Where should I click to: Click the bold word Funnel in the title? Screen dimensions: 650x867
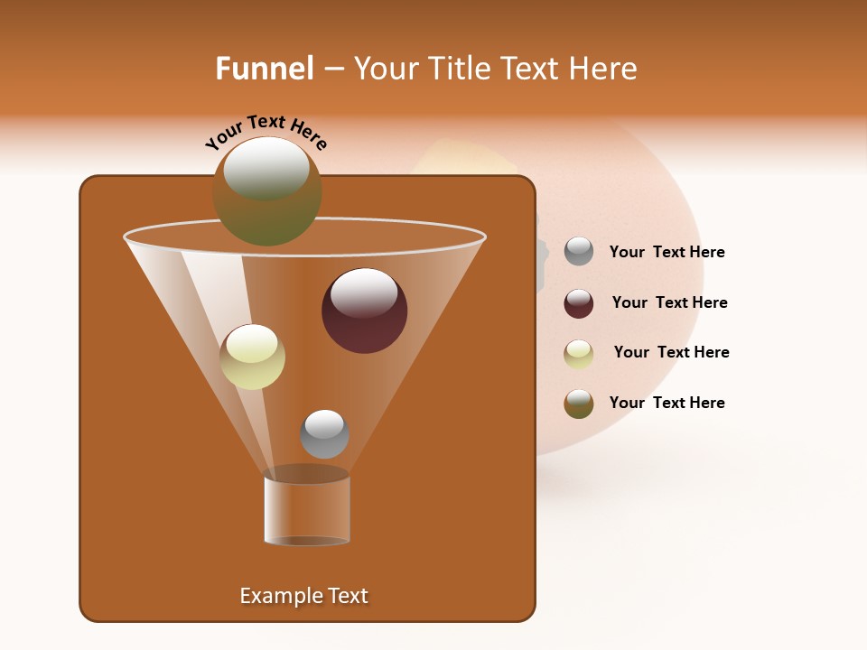click(x=264, y=69)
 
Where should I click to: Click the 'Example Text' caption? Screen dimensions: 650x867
click(x=303, y=596)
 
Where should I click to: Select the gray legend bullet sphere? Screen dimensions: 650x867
click(x=579, y=252)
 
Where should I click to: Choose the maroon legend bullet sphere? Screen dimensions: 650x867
click(x=579, y=302)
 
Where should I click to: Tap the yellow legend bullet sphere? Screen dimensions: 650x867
click(x=579, y=353)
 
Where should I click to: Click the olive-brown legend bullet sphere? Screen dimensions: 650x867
click(x=579, y=404)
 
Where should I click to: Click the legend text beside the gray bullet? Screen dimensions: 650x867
click(x=667, y=253)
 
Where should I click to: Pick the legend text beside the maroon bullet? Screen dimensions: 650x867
click(x=669, y=303)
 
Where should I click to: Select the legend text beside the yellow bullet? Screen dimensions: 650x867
click(x=671, y=353)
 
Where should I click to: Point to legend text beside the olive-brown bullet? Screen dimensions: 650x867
click(x=667, y=403)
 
